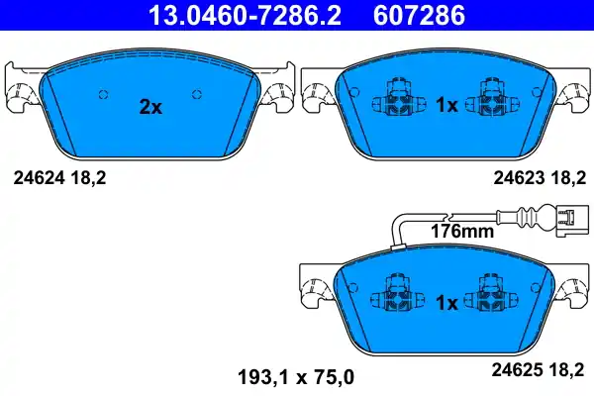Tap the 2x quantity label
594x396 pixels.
[149, 107]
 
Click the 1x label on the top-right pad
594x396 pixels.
[446, 104]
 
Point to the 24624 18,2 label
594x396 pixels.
[58, 177]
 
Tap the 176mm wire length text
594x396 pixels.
[462, 233]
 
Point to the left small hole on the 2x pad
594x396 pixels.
[103, 94]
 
